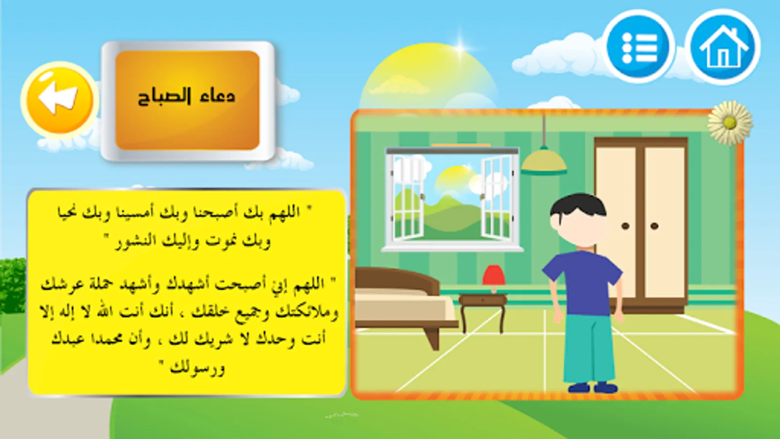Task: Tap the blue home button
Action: pos(723,47)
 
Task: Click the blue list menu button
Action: pos(639,47)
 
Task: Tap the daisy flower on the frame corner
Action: pos(730,122)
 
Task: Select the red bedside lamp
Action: pos(494,279)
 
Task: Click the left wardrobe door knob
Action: pos(626,226)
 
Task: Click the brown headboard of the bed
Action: pos(397,282)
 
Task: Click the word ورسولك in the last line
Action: pos(197,368)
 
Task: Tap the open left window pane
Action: pos(408,197)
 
